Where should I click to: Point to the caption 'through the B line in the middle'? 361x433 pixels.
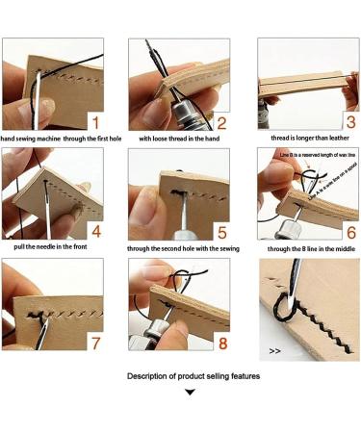click(307, 248)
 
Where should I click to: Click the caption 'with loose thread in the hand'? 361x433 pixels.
click(179, 139)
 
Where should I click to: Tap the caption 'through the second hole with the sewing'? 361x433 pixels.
click(181, 248)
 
